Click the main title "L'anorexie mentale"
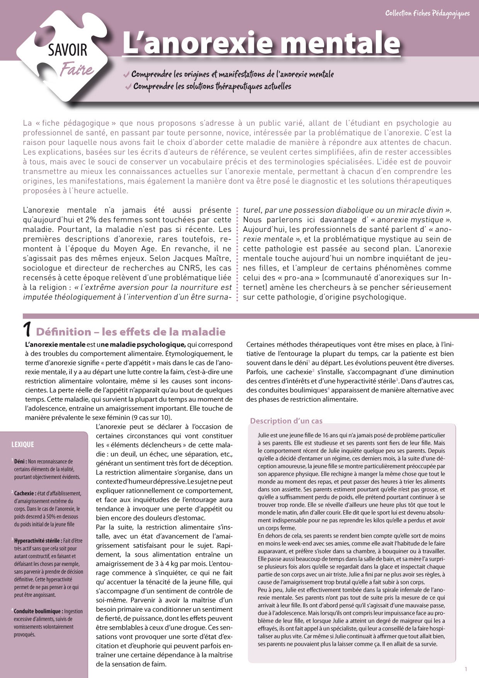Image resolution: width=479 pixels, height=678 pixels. point(261,43)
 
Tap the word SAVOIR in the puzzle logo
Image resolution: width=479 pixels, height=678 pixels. point(68,51)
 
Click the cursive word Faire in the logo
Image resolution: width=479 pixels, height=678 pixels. point(76,70)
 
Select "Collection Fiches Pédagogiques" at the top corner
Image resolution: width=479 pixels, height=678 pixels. point(427,14)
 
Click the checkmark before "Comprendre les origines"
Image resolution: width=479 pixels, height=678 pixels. point(126,74)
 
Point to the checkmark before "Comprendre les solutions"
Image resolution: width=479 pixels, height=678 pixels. point(128,87)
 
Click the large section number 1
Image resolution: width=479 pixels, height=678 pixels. point(27,330)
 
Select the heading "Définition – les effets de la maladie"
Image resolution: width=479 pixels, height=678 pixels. point(131,332)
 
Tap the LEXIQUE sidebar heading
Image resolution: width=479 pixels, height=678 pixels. point(23,445)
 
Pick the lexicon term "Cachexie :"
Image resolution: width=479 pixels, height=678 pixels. point(25,494)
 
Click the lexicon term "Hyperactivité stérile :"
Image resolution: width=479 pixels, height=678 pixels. point(37,541)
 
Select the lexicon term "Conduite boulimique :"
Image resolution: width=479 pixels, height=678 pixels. point(38,611)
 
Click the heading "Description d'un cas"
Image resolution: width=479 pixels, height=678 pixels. point(286,421)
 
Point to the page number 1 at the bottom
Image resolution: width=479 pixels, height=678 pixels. point(466,669)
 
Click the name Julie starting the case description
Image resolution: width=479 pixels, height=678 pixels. point(263,435)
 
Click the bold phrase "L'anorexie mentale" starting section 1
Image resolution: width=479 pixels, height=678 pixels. point(55,344)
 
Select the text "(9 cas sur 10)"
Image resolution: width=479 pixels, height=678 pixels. point(152,417)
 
